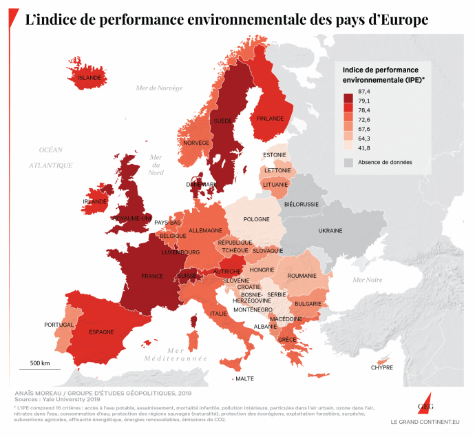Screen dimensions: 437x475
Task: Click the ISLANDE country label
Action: (x=89, y=78)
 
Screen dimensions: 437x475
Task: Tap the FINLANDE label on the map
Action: (x=270, y=119)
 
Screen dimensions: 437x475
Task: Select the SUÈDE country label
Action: (x=223, y=121)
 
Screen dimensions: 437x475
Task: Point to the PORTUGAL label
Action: (x=59, y=325)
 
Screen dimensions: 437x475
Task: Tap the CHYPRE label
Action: (x=382, y=367)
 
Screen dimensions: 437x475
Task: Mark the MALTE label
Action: (x=244, y=379)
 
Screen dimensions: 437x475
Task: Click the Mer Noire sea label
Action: (x=367, y=279)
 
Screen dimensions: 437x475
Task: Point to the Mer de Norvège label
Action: (x=159, y=88)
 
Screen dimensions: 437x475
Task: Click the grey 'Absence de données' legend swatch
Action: (x=349, y=162)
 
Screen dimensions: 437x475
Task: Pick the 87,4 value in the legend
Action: (x=364, y=91)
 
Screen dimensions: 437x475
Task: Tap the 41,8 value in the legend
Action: (x=364, y=148)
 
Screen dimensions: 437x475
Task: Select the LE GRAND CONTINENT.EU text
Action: (x=425, y=421)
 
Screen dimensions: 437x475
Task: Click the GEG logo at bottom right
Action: (x=424, y=404)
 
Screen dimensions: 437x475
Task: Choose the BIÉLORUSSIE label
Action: (x=302, y=205)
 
